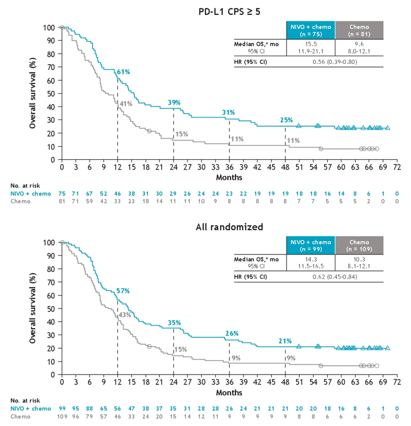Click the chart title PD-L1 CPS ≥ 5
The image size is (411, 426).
(x=233, y=11)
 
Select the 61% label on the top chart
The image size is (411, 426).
(x=124, y=72)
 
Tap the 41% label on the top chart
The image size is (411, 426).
(x=126, y=104)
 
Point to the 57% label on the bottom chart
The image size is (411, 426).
(x=123, y=291)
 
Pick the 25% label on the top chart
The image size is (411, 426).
(x=286, y=120)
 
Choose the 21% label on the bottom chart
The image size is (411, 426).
(x=286, y=341)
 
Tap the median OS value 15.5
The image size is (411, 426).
(x=311, y=44)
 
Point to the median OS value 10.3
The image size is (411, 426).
(x=360, y=259)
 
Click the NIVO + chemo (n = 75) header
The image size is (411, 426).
(x=311, y=30)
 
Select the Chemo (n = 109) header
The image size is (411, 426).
(x=360, y=245)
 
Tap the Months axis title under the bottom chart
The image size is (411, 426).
(x=229, y=393)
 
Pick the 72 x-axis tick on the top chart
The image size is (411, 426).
(x=397, y=168)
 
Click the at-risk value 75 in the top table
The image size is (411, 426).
(x=62, y=193)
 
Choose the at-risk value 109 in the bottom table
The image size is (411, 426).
(x=62, y=416)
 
